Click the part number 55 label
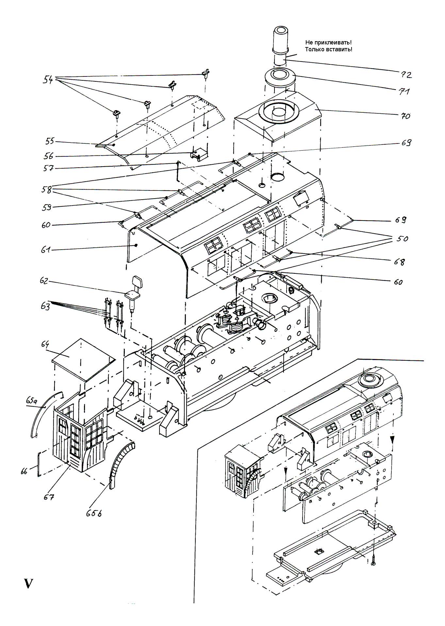click(x=50, y=141)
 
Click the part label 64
click(x=45, y=344)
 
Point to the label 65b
click(x=94, y=513)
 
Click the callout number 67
click(x=49, y=497)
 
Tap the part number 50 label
click(x=402, y=239)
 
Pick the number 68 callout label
click(x=399, y=262)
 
